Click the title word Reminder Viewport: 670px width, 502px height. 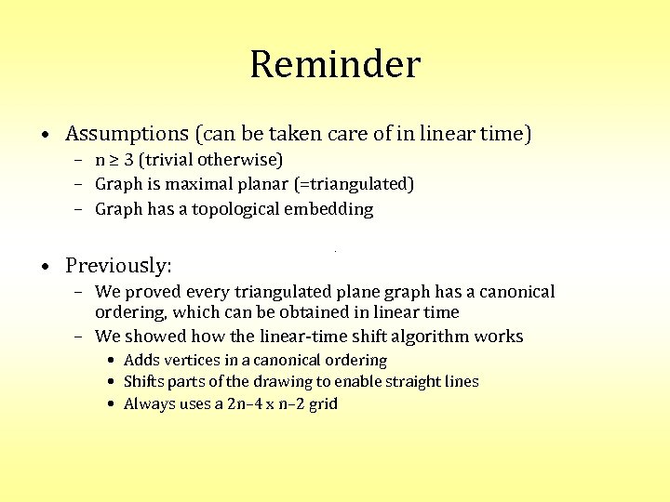pyautogui.click(x=335, y=65)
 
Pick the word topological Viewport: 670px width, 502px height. pyautogui.click(x=235, y=209)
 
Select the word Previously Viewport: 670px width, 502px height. pyautogui.click(x=117, y=266)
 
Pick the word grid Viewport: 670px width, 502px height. pyautogui.click(x=322, y=403)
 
